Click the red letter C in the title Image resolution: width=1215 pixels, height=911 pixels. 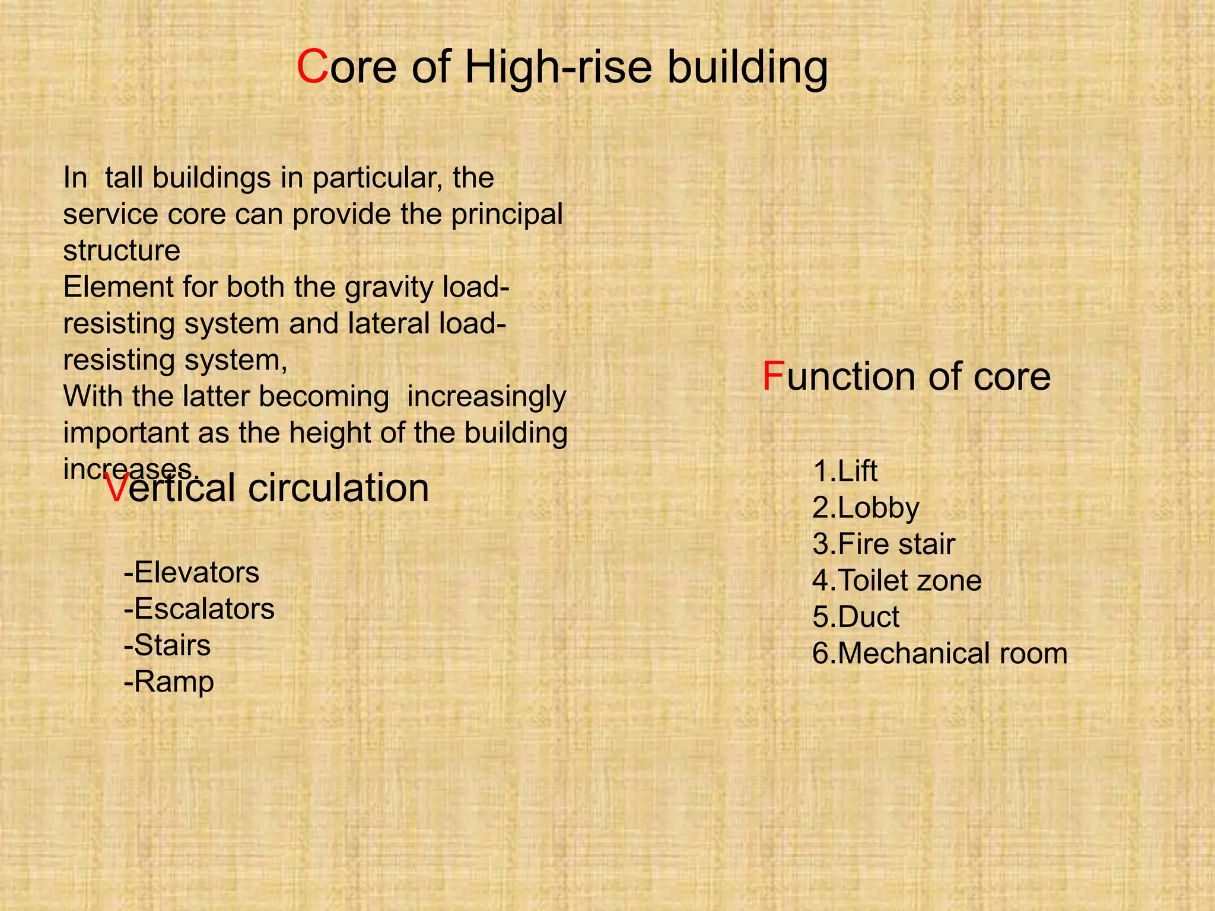[312, 68]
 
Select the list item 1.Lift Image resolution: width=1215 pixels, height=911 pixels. [845, 472]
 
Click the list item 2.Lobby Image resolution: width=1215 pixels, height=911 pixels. [866, 508]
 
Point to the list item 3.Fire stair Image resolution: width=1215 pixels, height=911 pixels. [883, 544]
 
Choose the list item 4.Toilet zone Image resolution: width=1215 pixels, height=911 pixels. [896, 581]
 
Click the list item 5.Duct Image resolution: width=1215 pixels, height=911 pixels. [855, 617]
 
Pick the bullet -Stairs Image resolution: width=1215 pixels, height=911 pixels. [167, 646]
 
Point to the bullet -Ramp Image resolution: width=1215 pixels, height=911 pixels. [168, 682]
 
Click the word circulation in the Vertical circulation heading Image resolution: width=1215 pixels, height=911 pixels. [338, 489]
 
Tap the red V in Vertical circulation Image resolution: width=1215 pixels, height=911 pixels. [116, 489]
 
